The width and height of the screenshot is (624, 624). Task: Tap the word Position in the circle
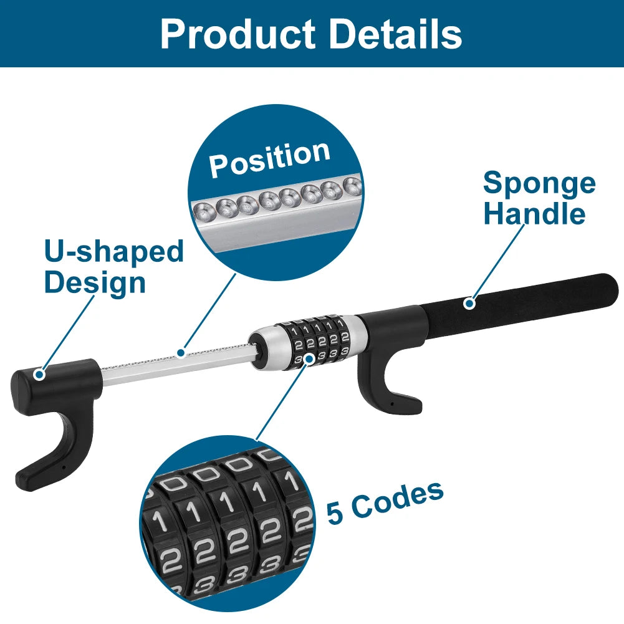(269, 158)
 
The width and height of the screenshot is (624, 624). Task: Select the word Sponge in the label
(539, 183)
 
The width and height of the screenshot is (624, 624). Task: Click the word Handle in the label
(534, 214)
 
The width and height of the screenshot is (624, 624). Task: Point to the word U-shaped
(113, 252)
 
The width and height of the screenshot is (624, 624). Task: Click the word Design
(95, 282)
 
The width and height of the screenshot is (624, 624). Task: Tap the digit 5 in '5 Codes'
(335, 512)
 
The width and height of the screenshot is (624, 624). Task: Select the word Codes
(395, 500)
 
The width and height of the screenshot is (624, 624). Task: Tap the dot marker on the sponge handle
(469, 304)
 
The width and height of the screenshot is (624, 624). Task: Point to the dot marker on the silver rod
(181, 353)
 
